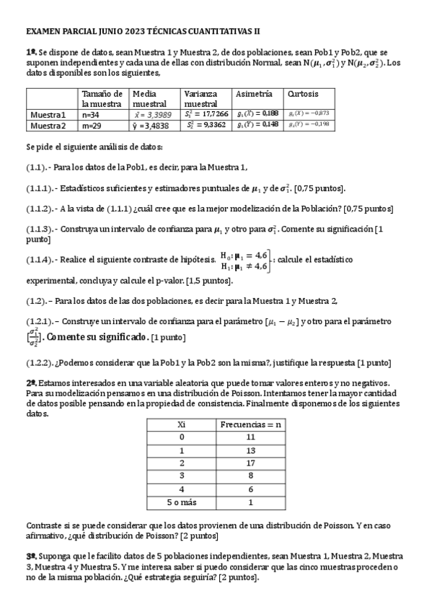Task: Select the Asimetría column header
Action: coord(254,94)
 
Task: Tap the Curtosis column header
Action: coord(303,94)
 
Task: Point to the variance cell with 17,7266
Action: coord(206,114)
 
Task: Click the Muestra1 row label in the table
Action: coord(48,114)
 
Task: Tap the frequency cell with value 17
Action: coord(251,463)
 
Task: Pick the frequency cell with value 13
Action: coord(251,450)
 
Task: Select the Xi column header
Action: coord(182,424)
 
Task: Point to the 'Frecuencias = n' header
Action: coord(251,424)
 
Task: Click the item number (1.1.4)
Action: coord(40,258)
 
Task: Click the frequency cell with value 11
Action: coord(251,437)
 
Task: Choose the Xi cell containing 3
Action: coord(182,476)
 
